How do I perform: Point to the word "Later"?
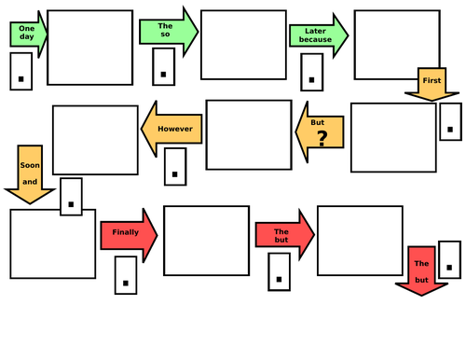[x=315, y=31]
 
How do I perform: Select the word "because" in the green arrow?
[x=315, y=41]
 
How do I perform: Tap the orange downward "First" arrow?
[x=432, y=82]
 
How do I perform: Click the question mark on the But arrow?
[x=322, y=139]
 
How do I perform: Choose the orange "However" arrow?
[x=172, y=129]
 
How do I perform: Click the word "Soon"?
[x=28, y=164]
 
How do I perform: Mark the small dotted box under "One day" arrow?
[x=21, y=72]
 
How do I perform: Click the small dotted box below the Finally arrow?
[x=125, y=275]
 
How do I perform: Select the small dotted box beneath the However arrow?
[x=174, y=166]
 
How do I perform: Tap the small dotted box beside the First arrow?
[x=450, y=120]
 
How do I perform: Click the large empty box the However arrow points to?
[x=95, y=140]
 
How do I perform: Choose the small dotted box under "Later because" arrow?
[x=314, y=73]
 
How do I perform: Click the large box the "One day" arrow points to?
[x=91, y=47]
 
